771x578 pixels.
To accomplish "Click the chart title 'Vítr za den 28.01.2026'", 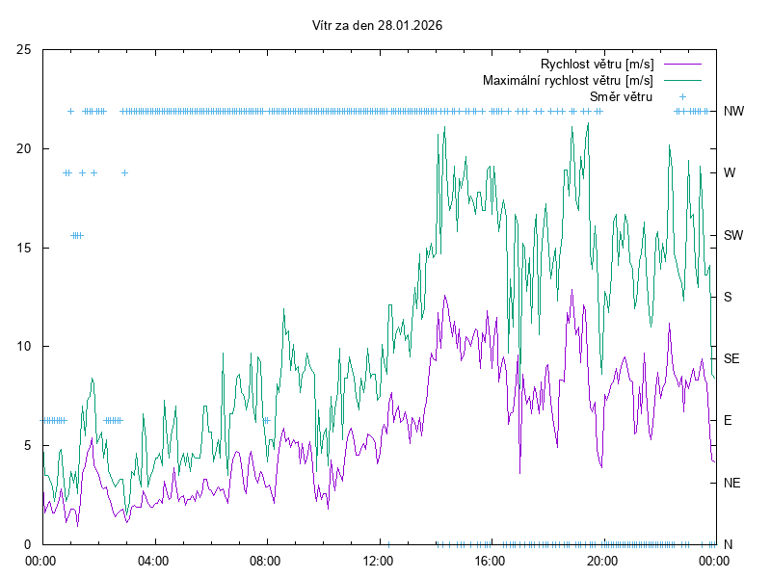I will pyautogui.click(x=378, y=26).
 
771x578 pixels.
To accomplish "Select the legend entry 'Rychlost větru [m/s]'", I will pyautogui.click(x=597, y=64).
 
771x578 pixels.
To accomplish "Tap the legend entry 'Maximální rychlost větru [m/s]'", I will pyautogui.click(x=568, y=80).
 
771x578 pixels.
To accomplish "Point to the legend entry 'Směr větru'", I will pyautogui.click(x=622, y=96).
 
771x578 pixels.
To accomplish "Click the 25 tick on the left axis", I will pyautogui.click(x=23, y=49).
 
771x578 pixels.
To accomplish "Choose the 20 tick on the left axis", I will pyautogui.click(x=23, y=148).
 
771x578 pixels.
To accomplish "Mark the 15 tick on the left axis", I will pyautogui.click(x=23, y=248).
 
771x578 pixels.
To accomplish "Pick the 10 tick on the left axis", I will pyautogui.click(x=23, y=346).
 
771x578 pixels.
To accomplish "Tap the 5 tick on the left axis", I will pyautogui.click(x=27, y=445).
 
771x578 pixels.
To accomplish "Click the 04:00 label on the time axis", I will pyautogui.click(x=152, y=560).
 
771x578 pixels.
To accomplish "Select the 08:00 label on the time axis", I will pyautogui.click(x=265, y=560).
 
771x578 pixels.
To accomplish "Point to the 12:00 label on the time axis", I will pyautogui.click(x=377, y=560).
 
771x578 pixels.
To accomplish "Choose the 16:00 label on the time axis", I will pyautogui.click(x=490, y=560).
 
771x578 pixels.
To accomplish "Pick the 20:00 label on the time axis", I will pyautogui.click(x=602, y=560).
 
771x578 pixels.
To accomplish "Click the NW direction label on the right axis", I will pyautogui.click(x=733, y=111).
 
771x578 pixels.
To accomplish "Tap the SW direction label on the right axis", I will pyautogui.click(x=733, y=235).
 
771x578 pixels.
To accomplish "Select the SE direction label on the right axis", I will pyautogui.click(x=732, y=358).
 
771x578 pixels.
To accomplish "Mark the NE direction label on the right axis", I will pyautogui.click(x=732, y=483).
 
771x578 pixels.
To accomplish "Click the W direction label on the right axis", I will pyautogui.click(x=730, y=173).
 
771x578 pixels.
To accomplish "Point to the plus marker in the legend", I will pyautogui.click(x=682, y=96).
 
